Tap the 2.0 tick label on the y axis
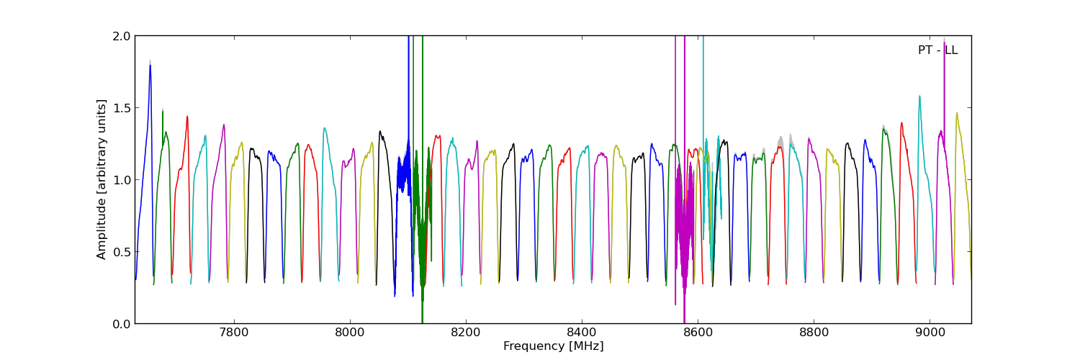(122, 36)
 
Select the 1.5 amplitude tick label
(122, 108)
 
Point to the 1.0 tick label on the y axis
(122, 180)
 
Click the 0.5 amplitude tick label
(122, 252)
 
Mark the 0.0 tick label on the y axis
(122, 324)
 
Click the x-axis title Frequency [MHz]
(553, 346)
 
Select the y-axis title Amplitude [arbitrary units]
(102, 179)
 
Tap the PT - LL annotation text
(937, 50)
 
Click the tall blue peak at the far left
(150, 68)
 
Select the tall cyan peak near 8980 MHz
(919, 97)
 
